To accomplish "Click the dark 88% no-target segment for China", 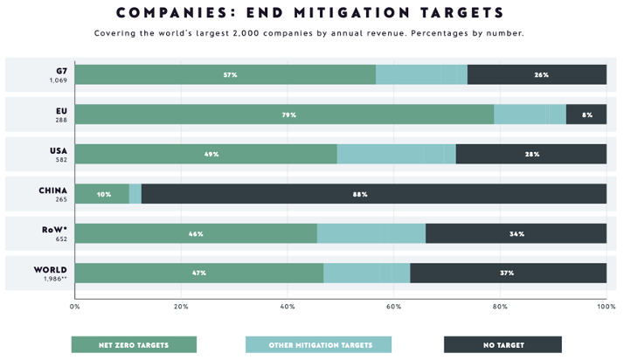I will coord(373,194).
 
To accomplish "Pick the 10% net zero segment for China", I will coord(102,194).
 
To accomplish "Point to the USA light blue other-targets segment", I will coord(396,154).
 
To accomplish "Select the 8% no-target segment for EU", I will coord(586,114).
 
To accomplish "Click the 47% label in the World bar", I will coord(199,273).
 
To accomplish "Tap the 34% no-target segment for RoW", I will coord(516,233).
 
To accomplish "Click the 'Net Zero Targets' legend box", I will coord(134,344).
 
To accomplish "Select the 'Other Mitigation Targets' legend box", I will coord(318,344).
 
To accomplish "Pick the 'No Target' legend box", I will coord(503,344).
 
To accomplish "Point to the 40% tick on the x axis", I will coord(288,306).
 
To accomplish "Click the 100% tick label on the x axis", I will coord(606,306).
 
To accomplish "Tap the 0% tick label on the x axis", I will coord(75,306).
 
